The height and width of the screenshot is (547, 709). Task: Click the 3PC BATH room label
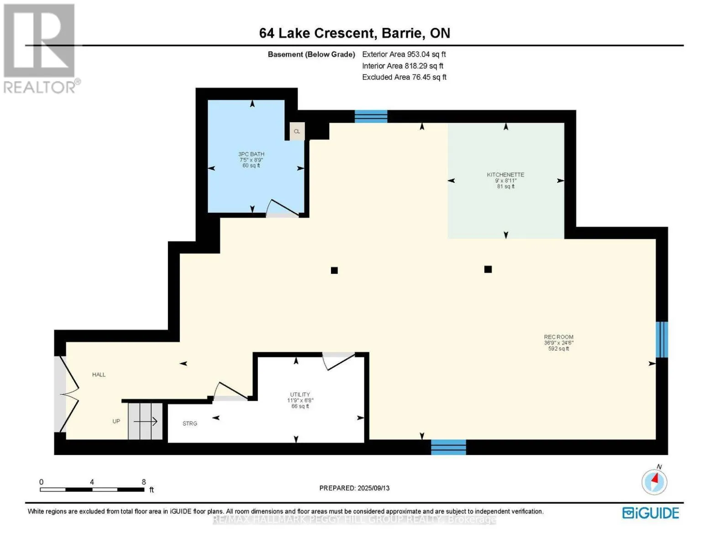[x=251, y=154]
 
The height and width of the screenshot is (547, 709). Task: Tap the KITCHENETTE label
[x=505, y=175]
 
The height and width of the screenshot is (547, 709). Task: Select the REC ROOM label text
[x=559, y=337]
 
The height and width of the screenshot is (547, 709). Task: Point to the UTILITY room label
[x=300, y=394]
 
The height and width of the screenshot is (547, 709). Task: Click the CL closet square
[x=297, y=131]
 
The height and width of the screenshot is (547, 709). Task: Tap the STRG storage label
[x=190, y=423]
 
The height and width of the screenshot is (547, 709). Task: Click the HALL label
[x=99, y=375]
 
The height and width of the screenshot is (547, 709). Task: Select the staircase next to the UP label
[x=145, y=421]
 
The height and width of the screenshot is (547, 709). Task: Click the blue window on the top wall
[x=371, y=116]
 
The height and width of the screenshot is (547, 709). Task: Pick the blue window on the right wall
[x=662, y=340]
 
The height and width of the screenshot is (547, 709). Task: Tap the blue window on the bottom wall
[x=448, y=447]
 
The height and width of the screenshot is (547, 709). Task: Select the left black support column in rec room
[x=334, y=270]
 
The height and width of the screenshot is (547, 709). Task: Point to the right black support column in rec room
[x=488, y=269]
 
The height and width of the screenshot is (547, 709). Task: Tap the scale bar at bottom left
[x=92, y=490]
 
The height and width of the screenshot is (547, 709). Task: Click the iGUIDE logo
[x=650, y=513]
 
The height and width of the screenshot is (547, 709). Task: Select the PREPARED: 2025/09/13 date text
[x=354, y=488]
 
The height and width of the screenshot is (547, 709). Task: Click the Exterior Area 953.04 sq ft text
[x=404, y=54]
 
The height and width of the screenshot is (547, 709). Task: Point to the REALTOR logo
[x=40, y=49]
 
